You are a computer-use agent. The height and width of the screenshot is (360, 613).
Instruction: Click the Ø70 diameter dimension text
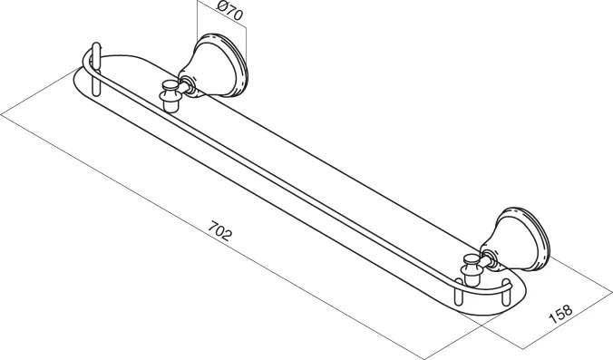[x=230, y=12]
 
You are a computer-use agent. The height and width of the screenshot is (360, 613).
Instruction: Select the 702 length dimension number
[x=219, y=230]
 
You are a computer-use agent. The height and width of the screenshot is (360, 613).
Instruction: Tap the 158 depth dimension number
[x=560, y=312]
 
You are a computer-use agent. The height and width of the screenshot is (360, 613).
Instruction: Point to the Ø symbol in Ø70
[x=222, y=7]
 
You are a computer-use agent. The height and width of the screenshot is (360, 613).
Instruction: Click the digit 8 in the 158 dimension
[x=568, y=308]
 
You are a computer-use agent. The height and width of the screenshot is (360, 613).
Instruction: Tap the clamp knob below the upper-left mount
[x=170, y=96]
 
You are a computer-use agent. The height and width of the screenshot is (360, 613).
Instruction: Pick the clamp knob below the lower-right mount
[x=472, y=270]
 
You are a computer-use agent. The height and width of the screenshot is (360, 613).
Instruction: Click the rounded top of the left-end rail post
[x=96, y=47]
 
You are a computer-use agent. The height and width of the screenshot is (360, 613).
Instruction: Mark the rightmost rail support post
[x=506, y=292]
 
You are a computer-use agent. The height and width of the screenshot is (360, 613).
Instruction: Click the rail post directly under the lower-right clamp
[x=459, y=292]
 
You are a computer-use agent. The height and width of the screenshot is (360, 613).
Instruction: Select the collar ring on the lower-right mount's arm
[x=491, y=258]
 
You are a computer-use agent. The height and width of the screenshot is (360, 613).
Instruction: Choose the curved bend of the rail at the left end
[x=87, y=62]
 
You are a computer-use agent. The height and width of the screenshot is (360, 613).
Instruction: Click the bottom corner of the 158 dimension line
[x=523, y=348]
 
